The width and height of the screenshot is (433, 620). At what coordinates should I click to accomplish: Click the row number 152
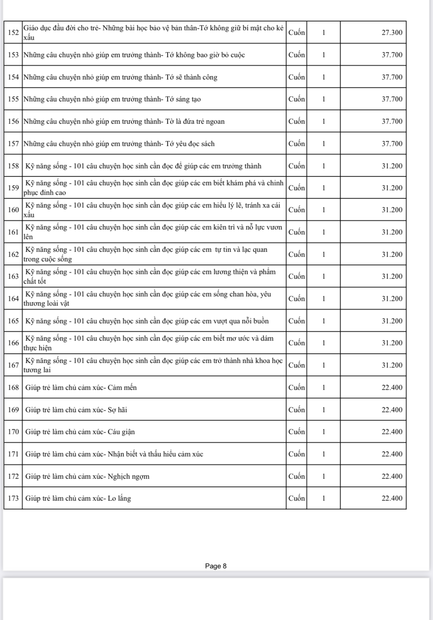click(13, 32)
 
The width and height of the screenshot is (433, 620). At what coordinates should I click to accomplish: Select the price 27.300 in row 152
click(392, 32)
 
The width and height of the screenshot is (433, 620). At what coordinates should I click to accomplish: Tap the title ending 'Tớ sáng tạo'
click(112, 99)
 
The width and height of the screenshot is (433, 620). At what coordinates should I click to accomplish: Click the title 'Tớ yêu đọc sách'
click(119, 144)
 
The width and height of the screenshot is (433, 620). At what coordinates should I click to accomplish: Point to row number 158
click(13, 166)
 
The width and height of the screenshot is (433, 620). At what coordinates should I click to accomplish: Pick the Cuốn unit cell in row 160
click(296, 210)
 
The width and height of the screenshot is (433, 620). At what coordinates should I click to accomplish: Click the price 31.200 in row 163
click(392, 276)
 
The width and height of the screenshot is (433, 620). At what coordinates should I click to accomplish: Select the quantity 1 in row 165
click(323, 321)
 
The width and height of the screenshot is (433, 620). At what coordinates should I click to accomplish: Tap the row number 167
click(13, 365)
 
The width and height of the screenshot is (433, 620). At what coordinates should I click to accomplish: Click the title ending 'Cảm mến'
click(81, 387)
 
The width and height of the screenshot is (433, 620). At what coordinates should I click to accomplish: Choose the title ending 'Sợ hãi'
click(76, 410)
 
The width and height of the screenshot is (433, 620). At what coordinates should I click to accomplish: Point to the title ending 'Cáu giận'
click(80, 432)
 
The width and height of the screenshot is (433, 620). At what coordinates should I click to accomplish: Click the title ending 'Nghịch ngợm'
click(87, 476)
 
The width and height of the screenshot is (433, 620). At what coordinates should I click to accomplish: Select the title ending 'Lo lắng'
click(78, 498)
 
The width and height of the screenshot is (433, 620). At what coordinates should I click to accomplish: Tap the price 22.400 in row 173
click(392, 498)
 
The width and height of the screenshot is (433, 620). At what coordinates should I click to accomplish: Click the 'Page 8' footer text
click(216, 566)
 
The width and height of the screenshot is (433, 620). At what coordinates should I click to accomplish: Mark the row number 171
click(13, 454)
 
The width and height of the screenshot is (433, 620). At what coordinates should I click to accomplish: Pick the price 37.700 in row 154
click(392, 77)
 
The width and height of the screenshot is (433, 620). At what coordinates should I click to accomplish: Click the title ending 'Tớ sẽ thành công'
click(120, 77)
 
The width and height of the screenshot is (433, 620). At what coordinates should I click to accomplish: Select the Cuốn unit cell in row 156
click(296, 122)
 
